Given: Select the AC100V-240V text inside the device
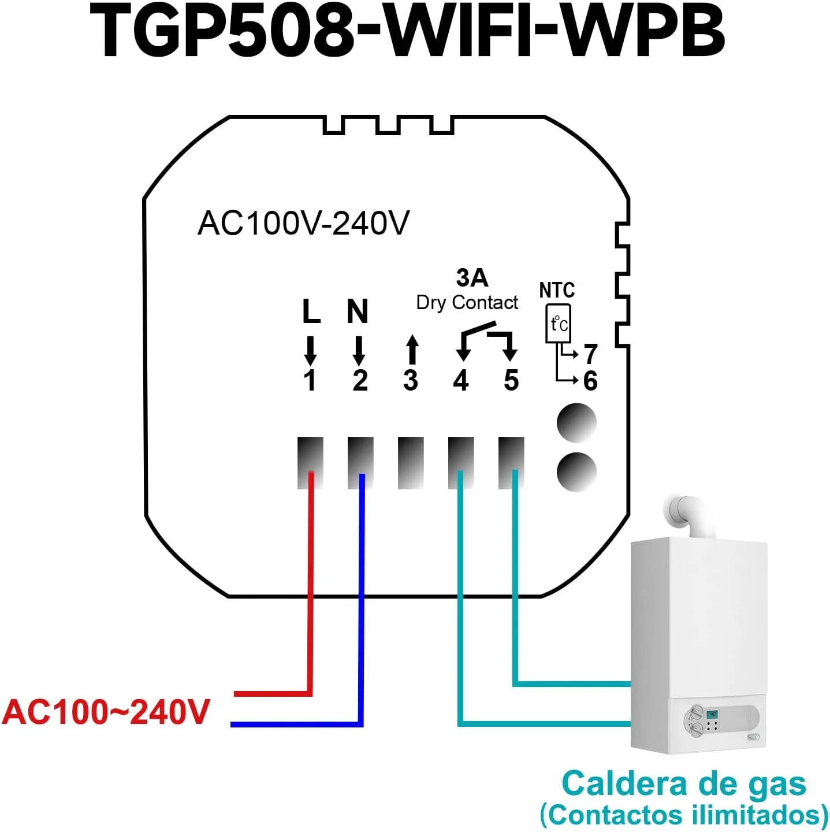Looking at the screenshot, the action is (303, 223).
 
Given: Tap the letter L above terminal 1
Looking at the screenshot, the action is (311, 311).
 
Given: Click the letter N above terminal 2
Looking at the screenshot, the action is (358, 311).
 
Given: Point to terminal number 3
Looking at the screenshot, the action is (411, 380).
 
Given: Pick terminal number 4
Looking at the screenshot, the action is (460, 380).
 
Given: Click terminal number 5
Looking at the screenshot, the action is (511, 380).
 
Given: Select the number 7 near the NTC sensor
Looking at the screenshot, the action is (590, 354).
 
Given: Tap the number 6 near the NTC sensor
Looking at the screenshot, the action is (590, 380).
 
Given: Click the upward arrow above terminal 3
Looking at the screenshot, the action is (412, 350).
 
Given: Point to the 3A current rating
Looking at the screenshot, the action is (472, 277).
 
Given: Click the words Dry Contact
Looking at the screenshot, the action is (467, 303).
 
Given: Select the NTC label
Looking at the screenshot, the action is (557, 290).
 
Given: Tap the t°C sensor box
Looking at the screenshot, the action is (559, 324).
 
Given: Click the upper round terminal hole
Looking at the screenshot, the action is (576, 423).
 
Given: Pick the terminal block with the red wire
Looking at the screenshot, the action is (310, 463).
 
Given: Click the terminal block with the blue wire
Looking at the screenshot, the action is (361, 463).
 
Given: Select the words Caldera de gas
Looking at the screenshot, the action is (684, 783).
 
